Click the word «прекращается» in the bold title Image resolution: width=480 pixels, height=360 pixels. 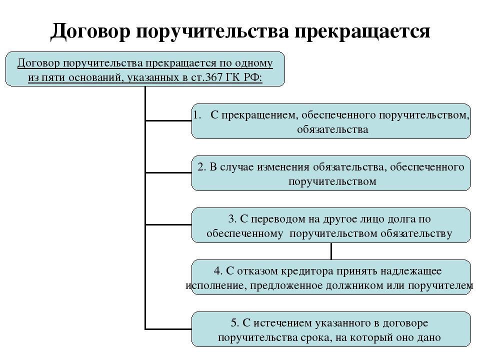click(362, 31)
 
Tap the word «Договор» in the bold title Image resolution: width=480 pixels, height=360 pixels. click(90, 30)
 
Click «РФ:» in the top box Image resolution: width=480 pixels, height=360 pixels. click(253, 77)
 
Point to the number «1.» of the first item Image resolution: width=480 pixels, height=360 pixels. click(197, 115)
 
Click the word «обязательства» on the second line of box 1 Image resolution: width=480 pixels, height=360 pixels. click(332, 129)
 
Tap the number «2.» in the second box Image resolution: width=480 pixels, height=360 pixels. click(202, 167)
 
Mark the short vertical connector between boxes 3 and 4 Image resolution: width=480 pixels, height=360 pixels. click(331, 251)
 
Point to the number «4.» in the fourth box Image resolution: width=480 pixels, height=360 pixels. click(218, 271)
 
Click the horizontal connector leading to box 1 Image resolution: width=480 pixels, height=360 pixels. click(168, 120)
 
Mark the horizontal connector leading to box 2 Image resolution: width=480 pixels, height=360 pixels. click(168, 172)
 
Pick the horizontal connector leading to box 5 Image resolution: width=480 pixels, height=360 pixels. click(168, 329)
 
